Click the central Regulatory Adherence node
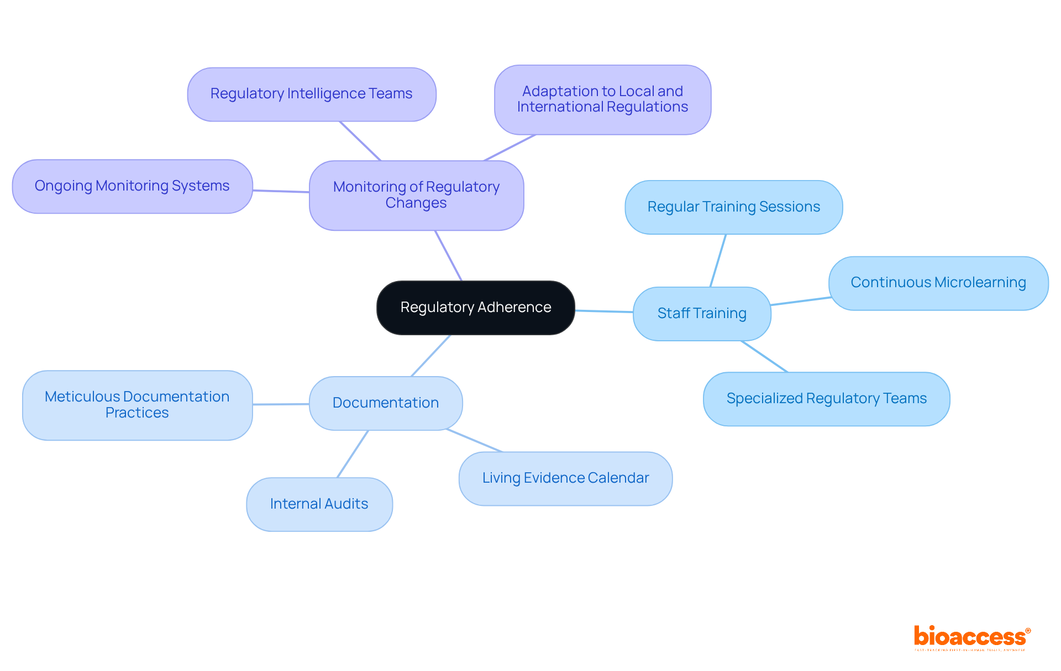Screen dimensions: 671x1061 (x=475, y=308)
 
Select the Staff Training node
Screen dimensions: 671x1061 (x=701, y=314)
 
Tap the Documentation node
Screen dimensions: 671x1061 (x=385, y=403)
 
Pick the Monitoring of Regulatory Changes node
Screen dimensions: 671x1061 (x=416, y=195)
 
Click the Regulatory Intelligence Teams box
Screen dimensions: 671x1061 (x=311, y=94)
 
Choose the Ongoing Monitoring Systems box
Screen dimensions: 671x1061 (x=132, y=186)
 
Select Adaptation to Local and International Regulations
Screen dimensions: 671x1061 (x=602, y=99)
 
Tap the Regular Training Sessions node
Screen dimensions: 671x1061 (x=733, y=207)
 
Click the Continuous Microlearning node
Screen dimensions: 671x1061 (x=938, y=283)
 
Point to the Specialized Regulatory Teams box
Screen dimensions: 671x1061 (x=826, y=399)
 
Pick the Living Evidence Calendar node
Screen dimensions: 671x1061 (x=565, y=478)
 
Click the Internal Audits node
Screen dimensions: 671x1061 (x=319, y=504)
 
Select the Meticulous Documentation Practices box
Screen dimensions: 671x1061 (x=137, y=405)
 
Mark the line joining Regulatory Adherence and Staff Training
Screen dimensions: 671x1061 (x=604, y=311)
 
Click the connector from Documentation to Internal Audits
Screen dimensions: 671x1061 (x=353, y=454)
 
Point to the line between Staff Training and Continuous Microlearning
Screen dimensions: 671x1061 (x=800, y=301)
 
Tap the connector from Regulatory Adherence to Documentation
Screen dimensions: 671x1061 (x=431, y=356)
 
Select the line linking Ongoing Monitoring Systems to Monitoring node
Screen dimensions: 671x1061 (x=281, y=191)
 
